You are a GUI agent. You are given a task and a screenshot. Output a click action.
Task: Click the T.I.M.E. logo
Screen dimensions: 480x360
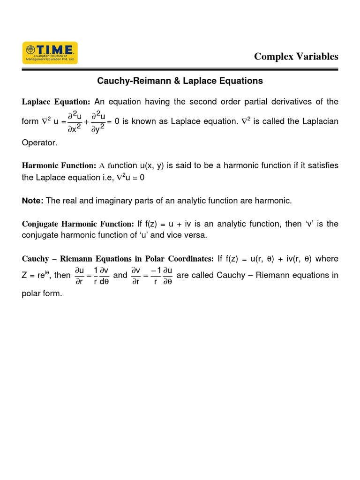point(50,53)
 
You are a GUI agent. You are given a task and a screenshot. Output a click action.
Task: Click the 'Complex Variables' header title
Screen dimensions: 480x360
point(296,56)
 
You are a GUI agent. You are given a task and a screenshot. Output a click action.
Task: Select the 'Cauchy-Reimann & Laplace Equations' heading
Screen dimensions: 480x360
point(180,81)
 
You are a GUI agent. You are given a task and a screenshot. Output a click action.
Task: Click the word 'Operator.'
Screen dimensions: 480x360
point(39,142)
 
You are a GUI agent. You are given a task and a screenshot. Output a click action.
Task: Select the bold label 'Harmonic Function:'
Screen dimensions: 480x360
point(59,165)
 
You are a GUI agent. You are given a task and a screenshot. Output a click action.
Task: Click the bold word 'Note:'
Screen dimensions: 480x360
point(32,201)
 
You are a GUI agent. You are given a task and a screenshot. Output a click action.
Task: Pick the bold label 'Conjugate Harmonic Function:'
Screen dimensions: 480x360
point(78,224)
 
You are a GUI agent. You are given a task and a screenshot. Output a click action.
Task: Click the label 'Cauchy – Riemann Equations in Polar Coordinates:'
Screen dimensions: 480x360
point(118,259)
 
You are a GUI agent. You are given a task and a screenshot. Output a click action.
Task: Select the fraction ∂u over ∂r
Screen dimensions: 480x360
point(79,276)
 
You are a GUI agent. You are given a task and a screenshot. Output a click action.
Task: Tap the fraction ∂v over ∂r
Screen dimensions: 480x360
point(136,276)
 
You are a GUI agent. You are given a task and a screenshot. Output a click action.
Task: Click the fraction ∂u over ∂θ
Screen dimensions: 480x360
point(166,276)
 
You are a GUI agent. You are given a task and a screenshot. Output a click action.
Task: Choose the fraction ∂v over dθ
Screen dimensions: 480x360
point(105,276)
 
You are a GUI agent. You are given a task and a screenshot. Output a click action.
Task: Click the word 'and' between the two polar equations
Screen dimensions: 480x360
point(120,275)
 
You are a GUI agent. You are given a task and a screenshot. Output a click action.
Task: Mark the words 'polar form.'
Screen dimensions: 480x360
point(42,294)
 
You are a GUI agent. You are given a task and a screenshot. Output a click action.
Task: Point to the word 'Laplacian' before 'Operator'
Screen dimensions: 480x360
point(319,121)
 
